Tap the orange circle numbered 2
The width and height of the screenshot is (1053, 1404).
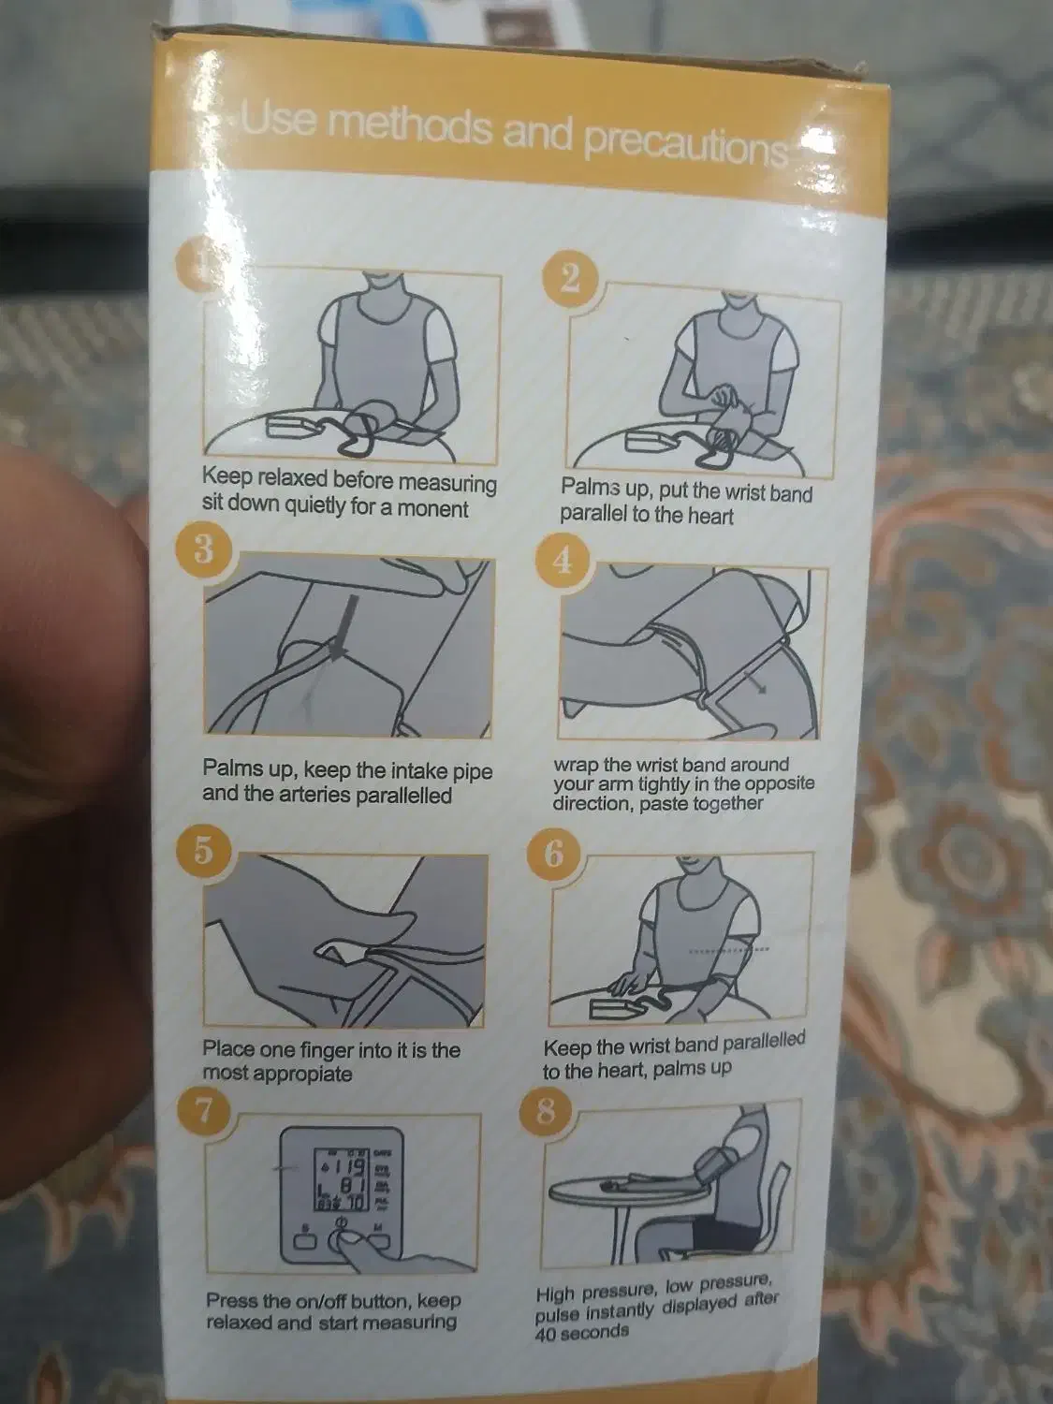click(x=571, y=279)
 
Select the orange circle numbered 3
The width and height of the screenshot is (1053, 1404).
click(x=203, y=548)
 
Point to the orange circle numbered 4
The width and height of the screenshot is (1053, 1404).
click(x=562, y=562)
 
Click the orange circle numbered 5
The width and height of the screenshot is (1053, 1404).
click(x=203, y=851)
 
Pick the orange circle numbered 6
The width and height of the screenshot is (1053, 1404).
click(x=554, y=855)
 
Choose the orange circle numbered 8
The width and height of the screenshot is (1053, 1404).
click(x=545, y=1114)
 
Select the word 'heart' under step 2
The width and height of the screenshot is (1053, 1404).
click(x=710, y=516)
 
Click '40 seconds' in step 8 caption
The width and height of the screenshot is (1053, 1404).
click(x=582, y=1332)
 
